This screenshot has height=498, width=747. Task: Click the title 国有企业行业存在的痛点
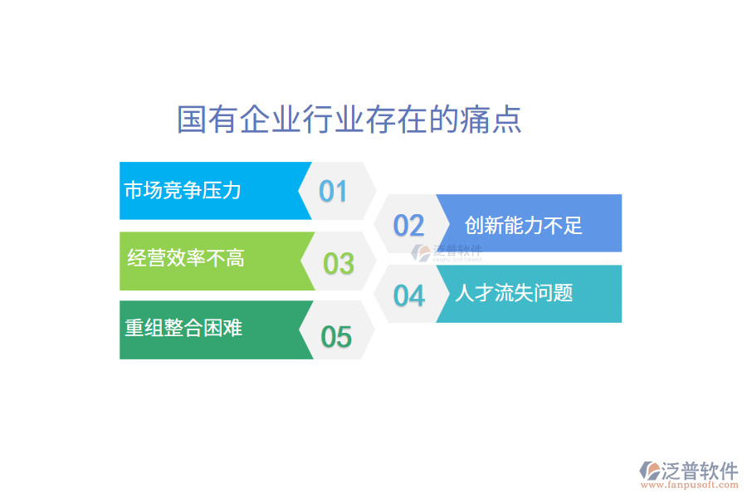(x=349, y=120)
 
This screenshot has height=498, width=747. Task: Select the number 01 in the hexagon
(x=334, y=192)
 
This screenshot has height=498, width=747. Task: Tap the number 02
(x=408, y=225)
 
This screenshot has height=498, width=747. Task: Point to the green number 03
(x=339, y=264)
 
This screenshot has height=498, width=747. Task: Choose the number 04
(x=408, y=295)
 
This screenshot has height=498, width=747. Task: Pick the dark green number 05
(x=336, y=337)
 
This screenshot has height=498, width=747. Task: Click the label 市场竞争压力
(x=183, y=190)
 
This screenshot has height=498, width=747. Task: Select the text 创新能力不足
(x=524, y=224)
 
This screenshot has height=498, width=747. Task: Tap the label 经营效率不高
(x=186, y=258)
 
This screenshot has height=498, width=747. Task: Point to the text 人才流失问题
(x=514, y=293)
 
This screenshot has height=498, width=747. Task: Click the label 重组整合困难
(x=183, y=328)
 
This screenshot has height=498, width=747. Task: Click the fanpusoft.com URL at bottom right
(x=688, y=485)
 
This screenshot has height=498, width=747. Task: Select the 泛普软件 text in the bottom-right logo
(x=699, y=471)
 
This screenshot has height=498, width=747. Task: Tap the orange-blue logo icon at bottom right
(x=648, y=471)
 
